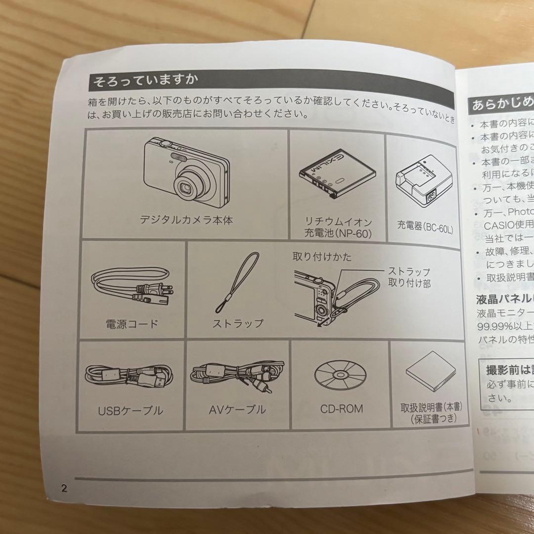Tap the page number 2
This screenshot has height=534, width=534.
[x=64, y=489]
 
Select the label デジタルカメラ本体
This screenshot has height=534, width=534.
[x=186, y=220]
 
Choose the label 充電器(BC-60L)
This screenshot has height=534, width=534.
[x=425, y=228]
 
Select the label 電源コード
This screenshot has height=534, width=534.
[x=132, y=324]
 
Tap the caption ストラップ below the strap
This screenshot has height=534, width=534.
[x=238, y=324]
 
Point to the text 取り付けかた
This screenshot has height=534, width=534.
[x=322, y=257]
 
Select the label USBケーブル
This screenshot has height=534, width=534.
[x=130, y=410]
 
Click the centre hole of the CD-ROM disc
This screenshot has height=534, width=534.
[x=340, y=375]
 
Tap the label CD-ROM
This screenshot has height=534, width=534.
[x=341, y=409]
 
